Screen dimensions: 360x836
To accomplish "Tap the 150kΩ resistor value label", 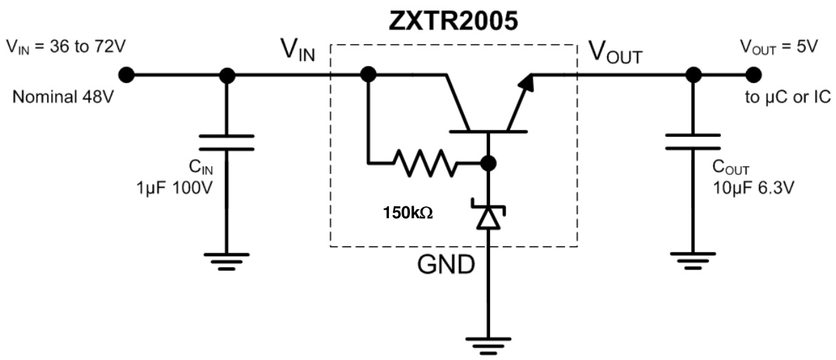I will point(408,212).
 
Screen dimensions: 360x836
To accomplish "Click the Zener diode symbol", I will point(489,215).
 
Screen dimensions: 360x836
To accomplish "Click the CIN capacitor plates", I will point(226,142).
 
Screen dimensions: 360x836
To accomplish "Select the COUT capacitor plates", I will point(692,142).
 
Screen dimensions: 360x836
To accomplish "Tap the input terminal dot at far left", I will point(126,74).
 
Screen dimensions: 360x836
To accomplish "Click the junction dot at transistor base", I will point(489,164).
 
